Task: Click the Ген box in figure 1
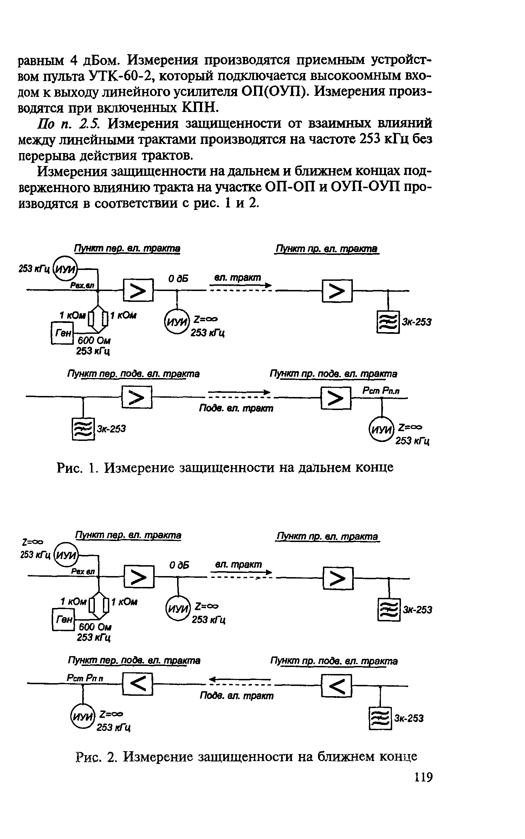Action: (62, 332)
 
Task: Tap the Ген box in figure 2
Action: (63, 620)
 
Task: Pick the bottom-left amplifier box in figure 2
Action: (138, 684)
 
